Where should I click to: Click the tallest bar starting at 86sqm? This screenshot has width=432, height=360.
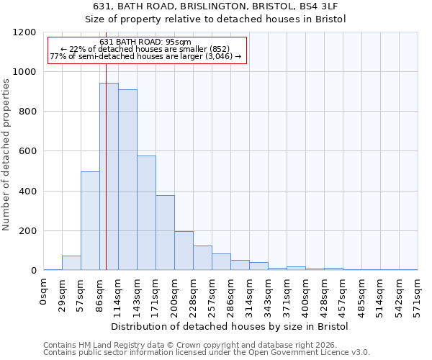[109, 176]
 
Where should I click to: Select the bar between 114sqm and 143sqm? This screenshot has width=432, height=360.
[127, 180]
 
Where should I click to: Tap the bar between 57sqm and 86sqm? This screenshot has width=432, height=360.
[90, 221]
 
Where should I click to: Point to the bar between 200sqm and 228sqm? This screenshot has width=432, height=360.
[184, 251]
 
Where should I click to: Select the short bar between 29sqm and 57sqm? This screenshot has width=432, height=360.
[71, 263]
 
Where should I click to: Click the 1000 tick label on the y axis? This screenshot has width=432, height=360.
[25, 72]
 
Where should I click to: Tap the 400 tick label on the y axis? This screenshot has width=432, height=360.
[28, 192]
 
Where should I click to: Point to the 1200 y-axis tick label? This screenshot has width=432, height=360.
[25, 32]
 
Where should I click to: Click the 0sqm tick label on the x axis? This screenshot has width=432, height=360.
[44, 292]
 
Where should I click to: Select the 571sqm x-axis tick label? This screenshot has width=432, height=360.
[418, 294]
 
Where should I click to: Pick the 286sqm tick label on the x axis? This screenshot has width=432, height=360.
[231, 294]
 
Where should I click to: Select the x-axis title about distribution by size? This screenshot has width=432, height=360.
[230, 326]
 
